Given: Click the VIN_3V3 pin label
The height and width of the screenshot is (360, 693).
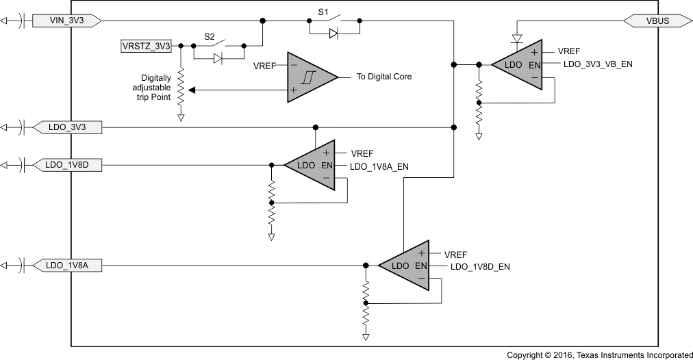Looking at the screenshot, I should tap(66, 21).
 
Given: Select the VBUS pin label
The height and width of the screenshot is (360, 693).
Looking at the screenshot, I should tap(657, 21).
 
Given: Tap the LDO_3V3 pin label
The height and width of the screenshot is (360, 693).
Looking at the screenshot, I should tap(66, 127).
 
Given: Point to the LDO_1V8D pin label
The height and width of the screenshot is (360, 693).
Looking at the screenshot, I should tap(67, 165).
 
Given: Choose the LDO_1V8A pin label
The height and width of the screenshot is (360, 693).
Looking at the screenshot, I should tap(67, 265).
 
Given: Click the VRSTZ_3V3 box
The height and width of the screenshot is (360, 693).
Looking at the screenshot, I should tap(145, 46).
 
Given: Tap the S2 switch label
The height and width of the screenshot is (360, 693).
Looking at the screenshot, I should tap(210, 36).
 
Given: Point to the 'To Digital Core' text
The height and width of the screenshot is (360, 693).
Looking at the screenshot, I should tap(383, 77).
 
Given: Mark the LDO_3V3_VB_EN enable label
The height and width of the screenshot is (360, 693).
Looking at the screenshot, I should tap(598, 64).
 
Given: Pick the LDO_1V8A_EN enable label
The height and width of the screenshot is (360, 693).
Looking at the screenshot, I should tap(379, 166).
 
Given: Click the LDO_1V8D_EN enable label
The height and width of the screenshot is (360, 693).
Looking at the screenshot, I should tap(480, 266).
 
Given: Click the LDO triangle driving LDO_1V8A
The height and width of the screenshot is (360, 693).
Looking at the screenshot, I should tap(405, 266).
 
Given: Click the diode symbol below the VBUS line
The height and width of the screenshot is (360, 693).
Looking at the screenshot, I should tap(516, 38).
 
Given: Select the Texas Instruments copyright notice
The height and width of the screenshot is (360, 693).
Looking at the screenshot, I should tap(600, 355).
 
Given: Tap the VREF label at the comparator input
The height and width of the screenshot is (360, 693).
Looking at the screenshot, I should tap(264, 66).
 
